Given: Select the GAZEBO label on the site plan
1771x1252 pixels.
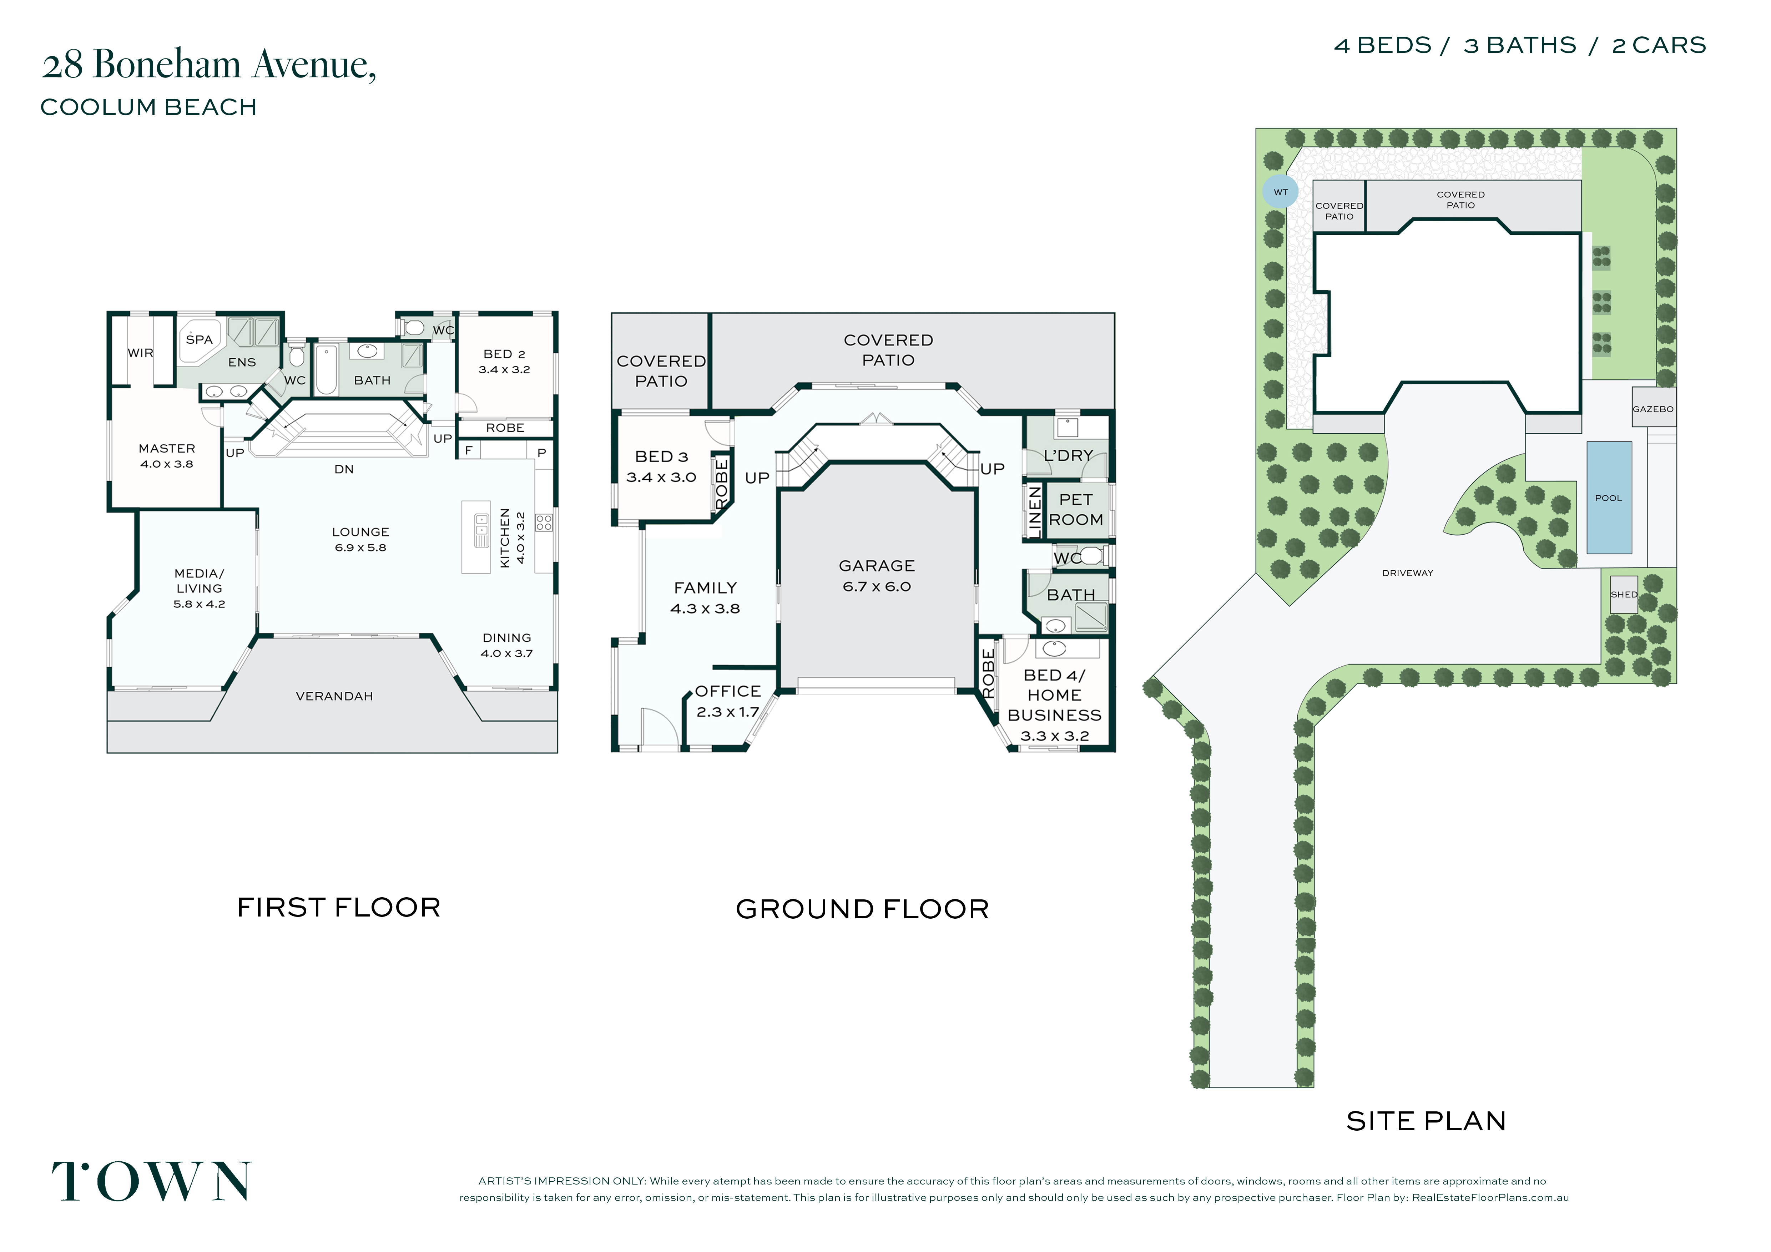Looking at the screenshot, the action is pyautogui.click(x=1653, y=409).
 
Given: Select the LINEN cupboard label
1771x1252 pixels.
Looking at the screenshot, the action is pyautogui.click(x=1034, y=511).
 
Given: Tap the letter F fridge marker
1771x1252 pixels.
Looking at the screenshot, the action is pyautogui.click(x=468, y=450).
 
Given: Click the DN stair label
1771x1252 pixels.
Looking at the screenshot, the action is pyautogui.click(x=344, y=469).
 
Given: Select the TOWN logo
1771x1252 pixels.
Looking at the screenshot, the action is pyautogui.click(x=151, y=1181).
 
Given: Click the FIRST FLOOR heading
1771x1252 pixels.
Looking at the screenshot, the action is pyautogui.click(x=339, y=907).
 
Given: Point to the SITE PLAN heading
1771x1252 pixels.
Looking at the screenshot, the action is pyautogui.click(x=1426, y=1121).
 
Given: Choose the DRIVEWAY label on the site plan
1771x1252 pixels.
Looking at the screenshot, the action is pyautogui.click(x=1408, y=573).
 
